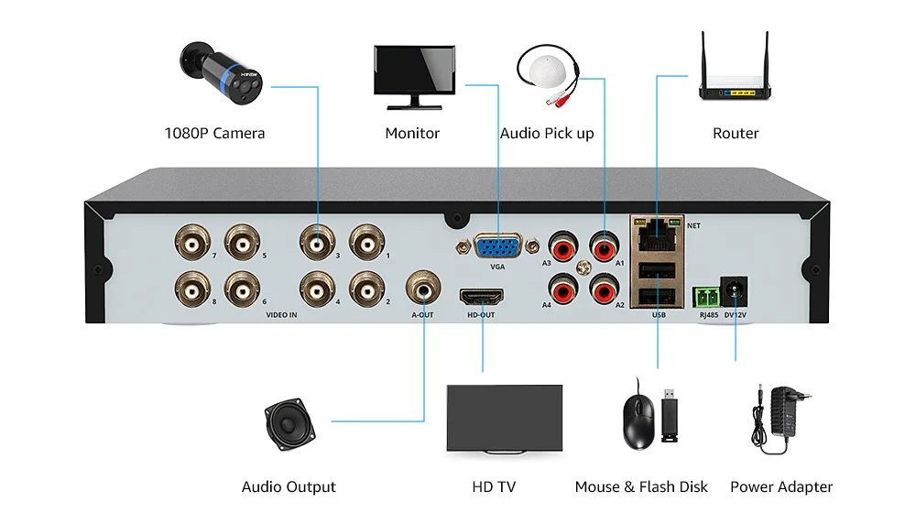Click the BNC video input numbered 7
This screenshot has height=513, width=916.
[192, 242]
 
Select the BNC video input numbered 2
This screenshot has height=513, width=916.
[367, 289]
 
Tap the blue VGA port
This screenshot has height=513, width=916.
[497, 246]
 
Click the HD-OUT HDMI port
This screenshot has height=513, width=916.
[482, 298]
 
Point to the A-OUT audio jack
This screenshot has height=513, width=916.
[423, 288]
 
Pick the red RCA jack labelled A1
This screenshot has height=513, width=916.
[604, 247]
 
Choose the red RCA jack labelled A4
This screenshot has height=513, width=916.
[563, 289]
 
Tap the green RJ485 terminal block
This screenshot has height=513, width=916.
[706, 297]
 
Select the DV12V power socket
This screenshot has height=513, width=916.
[734, 291]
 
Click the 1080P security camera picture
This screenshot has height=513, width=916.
[221, 73]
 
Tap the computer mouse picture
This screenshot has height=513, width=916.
[638, 419]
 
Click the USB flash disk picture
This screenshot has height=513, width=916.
[670, 415]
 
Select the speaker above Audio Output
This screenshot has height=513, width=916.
[289, 424]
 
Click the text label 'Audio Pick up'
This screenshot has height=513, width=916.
[547, 133]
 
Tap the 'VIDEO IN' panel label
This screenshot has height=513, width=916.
[281, 315]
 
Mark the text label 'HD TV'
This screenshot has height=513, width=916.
[494, 486]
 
